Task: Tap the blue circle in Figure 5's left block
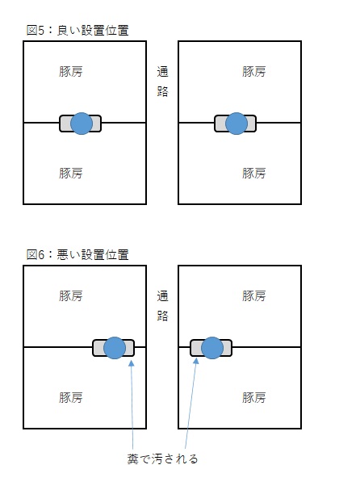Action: coord(82,124)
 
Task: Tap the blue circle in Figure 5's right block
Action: coord(237,124)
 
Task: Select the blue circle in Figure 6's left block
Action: coord(115,348)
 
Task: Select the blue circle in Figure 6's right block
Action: coord(211,348)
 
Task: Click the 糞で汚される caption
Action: coord(162,459)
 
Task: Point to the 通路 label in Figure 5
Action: coord(162,82)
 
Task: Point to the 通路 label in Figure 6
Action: coord(162,306)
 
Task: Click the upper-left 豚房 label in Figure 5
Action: coord(71,72)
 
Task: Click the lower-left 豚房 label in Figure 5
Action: coord(71,173)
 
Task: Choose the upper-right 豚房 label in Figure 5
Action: coord(253,72)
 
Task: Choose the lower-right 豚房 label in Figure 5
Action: coord(253,173)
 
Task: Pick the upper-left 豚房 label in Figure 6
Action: coord(71,295)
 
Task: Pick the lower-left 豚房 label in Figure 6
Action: coord(71,397)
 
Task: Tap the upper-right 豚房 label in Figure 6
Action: coord(253,295)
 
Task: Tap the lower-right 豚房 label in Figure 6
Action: coord(253,397)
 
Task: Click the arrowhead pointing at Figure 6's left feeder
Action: coord(132,363)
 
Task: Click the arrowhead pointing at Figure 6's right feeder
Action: coord(196,361)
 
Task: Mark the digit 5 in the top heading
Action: coord(41,31)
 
